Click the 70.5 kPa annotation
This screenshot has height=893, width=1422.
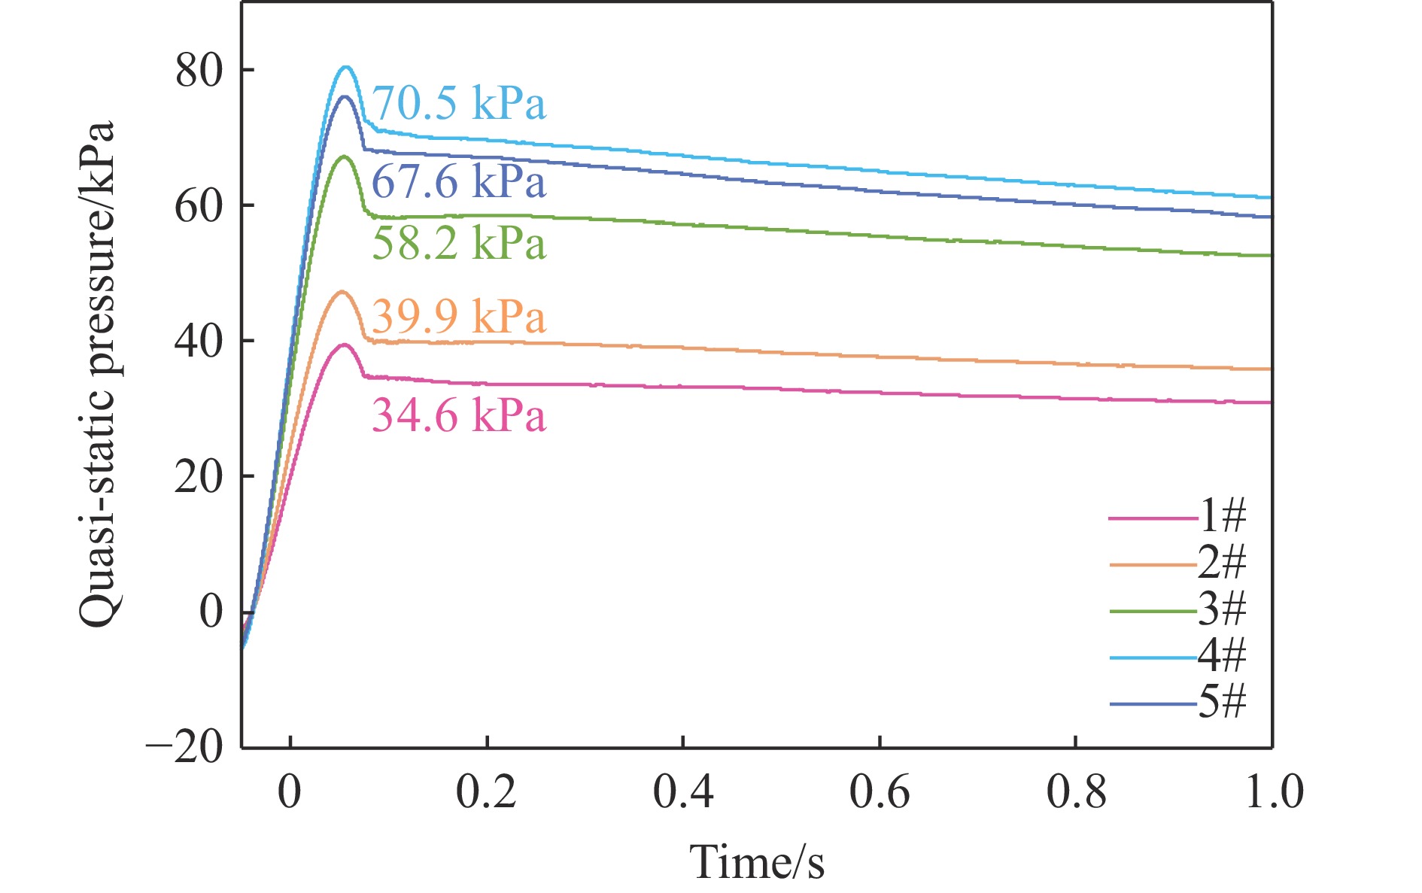pyautogui.click(x=459, y=104)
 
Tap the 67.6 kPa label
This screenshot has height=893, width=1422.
pyautogui.click(x=459, y=183)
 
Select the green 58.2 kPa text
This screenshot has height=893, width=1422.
pyautogui.click(x=459, y=244)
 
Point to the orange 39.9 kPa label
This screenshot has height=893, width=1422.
pyautogui.click(x=459, y=316)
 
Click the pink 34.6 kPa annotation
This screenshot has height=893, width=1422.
pyautogui.click(x=459, y=415)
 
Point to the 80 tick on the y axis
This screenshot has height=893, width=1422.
pyautogui.click(x=199, y=71)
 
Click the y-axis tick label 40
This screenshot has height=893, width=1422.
pyautogui.click(x=199, y=342)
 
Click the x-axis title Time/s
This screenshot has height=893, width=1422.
pyautogui.click(x=757, y=862)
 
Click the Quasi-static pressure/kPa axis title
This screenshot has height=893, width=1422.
pyautogui.click(x=98, y=374)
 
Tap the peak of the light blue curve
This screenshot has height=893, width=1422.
pyautogui.click(x=345, y=67)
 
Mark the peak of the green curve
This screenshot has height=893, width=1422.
pyautogui.click(x=345, y=156)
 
